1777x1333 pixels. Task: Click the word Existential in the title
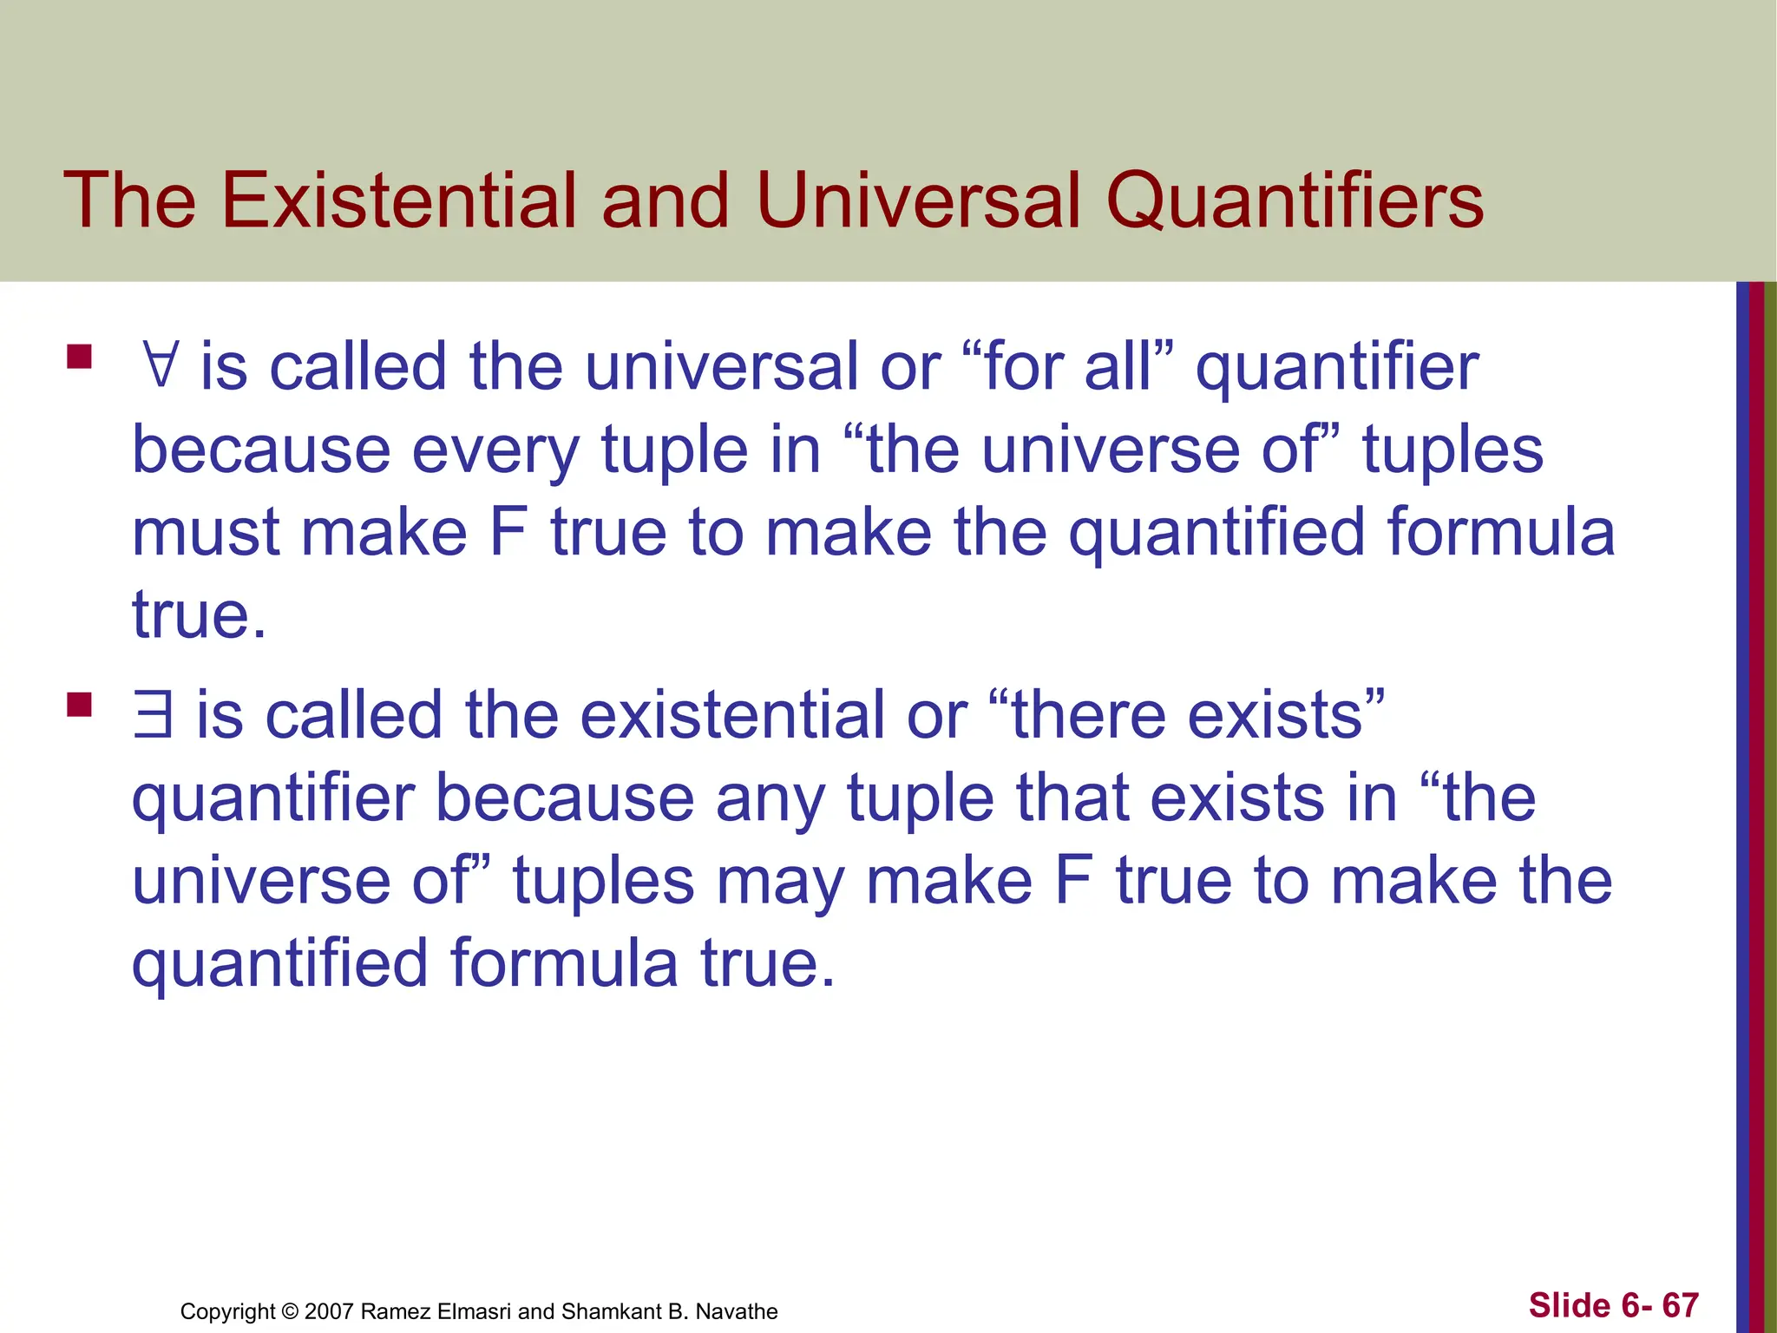398,200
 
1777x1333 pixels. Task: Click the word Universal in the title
919,200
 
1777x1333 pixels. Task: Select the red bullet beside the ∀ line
79,358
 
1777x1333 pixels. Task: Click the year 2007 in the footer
329,1311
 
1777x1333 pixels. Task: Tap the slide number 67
1680,1305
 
